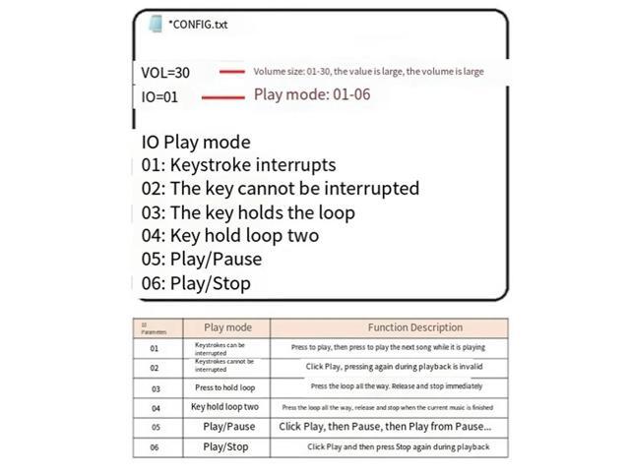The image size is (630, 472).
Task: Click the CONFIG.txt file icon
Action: coord(155,25)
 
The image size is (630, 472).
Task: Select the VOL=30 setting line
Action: coord(166,73)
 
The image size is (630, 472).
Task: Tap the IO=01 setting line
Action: coord(159,96)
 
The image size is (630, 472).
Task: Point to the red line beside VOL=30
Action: coord(231,72)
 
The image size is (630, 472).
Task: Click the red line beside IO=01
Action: coord(222,96)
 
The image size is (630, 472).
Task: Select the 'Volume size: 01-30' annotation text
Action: coord(368,72)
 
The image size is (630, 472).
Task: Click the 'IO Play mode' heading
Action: coord(196,142)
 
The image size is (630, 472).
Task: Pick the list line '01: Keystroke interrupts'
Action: coord(238,165)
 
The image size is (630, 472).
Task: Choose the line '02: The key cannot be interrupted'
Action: coord(280,189)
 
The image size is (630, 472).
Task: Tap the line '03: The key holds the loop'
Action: coord(248,212)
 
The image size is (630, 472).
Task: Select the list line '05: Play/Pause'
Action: coord(202,260)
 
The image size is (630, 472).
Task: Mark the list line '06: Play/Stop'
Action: coord(196,283)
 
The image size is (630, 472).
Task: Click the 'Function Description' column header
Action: coord(414,327)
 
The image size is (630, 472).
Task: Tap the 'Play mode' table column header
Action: coord(227,327)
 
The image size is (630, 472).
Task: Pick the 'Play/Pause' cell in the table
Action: coord(228,427)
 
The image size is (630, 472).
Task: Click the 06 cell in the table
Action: coord(154,446)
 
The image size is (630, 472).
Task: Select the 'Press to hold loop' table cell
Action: coord(224,387)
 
